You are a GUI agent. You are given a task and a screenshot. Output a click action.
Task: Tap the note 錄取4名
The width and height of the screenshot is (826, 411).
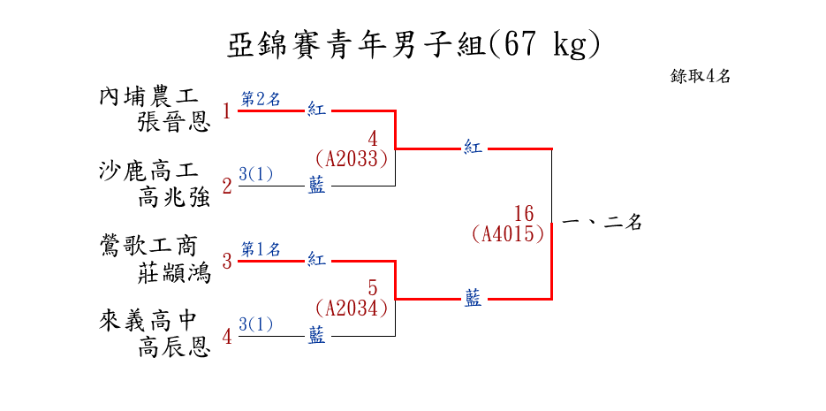click(701, 76)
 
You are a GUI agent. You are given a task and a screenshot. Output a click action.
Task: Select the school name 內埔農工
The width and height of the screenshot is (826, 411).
click(149, 95)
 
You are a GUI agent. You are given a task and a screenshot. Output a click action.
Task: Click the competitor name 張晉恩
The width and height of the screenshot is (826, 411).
click(174, 122)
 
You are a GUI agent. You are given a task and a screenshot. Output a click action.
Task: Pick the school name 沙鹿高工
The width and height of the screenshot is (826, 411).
click(149, 171)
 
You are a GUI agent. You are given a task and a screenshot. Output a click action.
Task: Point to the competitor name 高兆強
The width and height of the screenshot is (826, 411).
click(174, 197)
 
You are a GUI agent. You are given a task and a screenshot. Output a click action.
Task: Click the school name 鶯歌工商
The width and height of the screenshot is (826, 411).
click(149, 246)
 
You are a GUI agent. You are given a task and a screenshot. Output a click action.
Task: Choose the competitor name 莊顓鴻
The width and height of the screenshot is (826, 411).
click(174, 272)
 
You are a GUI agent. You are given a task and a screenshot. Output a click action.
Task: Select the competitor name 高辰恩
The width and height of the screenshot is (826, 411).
click(174, 347)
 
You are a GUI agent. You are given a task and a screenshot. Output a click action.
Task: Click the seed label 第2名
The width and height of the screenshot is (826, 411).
click(261, 99)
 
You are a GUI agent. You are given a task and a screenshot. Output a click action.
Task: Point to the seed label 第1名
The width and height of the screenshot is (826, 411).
click(261, 249)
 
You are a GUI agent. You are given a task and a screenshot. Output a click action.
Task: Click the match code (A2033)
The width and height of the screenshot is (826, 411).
click(352, 159)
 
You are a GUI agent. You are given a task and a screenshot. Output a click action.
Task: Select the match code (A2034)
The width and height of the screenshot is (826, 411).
click(352, 309)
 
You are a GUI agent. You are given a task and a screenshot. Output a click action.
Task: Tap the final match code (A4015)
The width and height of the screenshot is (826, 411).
click(508, 234)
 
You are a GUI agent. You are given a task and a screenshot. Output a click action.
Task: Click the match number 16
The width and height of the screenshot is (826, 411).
click(524, 214)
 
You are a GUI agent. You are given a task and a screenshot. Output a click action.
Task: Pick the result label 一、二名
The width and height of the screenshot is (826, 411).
click(602, 223)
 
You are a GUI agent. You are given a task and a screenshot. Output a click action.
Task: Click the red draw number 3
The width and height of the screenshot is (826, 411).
click(227, 262)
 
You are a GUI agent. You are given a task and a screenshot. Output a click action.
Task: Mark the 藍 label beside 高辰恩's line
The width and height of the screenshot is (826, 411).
click(316, 335)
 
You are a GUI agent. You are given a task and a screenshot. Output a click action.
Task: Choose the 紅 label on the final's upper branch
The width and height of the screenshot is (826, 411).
click(474, 148)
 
